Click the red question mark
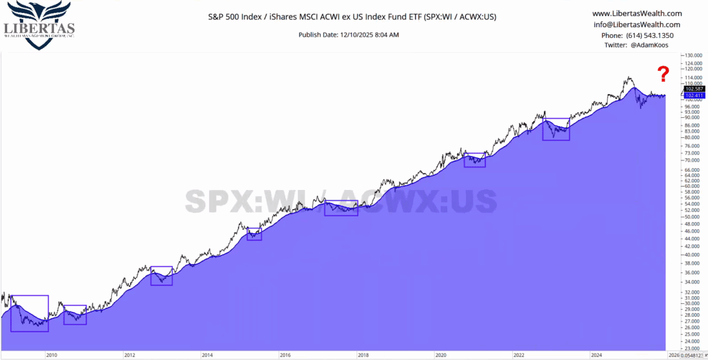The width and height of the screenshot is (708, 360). click(664, 73)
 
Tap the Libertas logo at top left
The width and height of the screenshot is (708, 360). click(39, 24)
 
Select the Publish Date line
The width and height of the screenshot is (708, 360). click(349, 34)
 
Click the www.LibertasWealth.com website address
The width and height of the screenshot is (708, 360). click(637, 14)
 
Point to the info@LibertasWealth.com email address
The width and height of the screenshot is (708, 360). click(637, 24)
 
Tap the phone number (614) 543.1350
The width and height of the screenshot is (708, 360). click(637, 35)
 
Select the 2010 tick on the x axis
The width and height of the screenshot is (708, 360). click(51, 355)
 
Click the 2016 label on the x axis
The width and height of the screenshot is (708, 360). click(285, 355)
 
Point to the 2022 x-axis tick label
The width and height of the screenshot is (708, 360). click(519, 355)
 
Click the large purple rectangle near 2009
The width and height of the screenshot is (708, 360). click(30, 314)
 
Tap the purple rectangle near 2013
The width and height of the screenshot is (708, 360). click(162, 276)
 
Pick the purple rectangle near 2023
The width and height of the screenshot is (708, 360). click(556, 129)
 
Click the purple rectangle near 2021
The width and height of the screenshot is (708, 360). click(475, 160)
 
